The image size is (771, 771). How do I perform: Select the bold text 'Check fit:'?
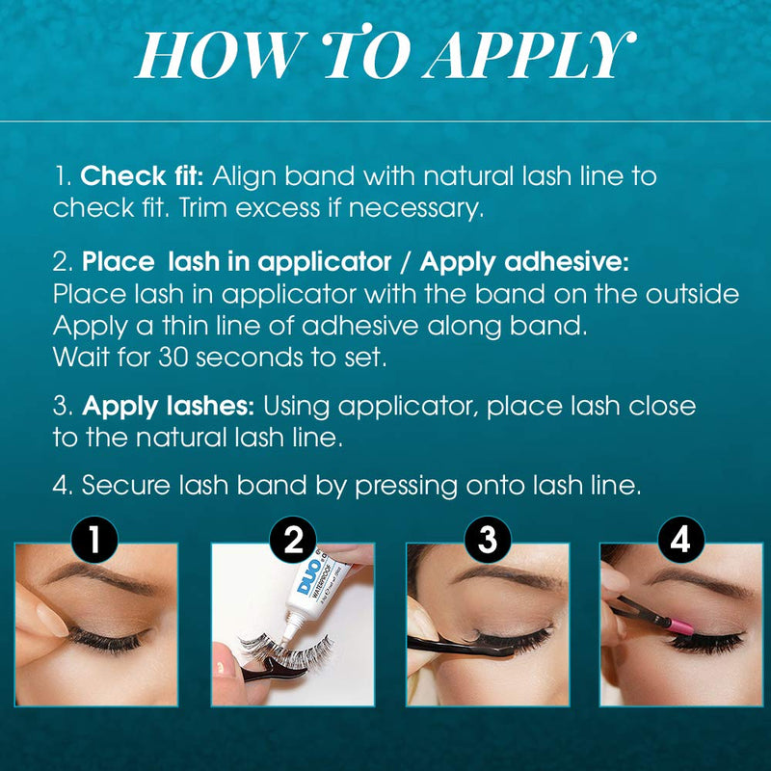[141, 177]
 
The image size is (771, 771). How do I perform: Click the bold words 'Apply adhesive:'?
[524, 261]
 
